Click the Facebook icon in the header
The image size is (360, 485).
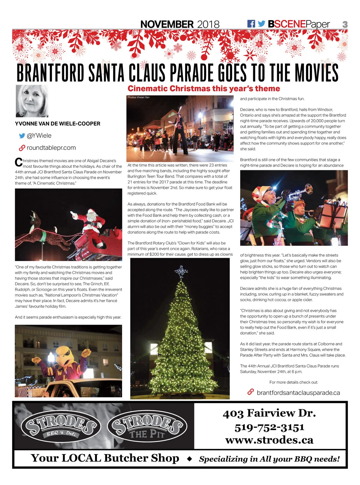251,24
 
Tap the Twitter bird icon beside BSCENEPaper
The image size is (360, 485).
262,24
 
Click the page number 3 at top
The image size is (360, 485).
345,25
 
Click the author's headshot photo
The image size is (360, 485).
32,101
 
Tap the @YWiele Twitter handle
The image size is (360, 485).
39,136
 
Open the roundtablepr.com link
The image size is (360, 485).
51,148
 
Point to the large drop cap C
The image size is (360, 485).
19,162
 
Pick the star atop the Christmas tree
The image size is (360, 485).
181,271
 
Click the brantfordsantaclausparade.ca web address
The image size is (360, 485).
298,393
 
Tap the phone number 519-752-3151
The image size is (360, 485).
269,427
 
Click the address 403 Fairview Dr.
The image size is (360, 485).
269,413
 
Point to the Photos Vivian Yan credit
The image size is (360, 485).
138,97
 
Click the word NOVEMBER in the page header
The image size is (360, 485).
167,24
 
